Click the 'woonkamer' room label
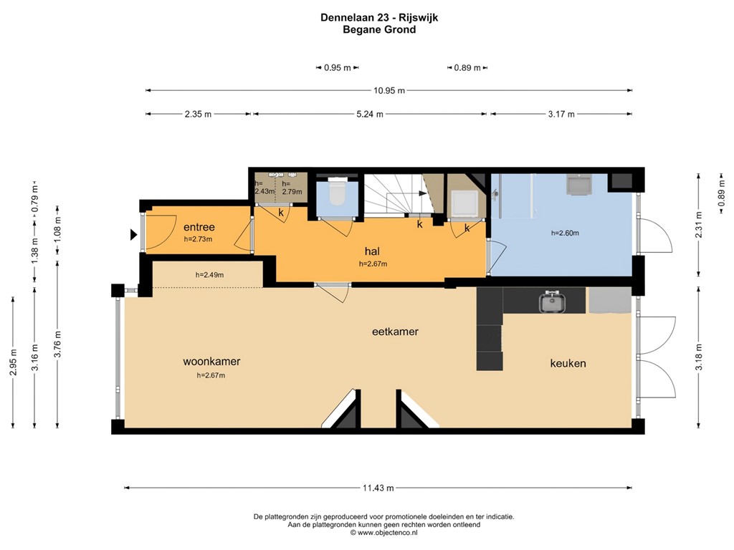pos(211,362)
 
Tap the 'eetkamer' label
pos(395,332)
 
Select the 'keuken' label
pos(568,363)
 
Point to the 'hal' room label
pos(371,251)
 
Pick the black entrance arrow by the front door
pos(133,234)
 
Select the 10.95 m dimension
pos(389,90)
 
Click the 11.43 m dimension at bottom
pos(378,488)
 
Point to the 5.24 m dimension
pos(370,114)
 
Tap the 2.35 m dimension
pos(198,114)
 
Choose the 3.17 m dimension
pos(561,114)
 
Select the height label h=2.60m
pos(565,233)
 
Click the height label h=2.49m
pos(209,275)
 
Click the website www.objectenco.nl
pos(387,533)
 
